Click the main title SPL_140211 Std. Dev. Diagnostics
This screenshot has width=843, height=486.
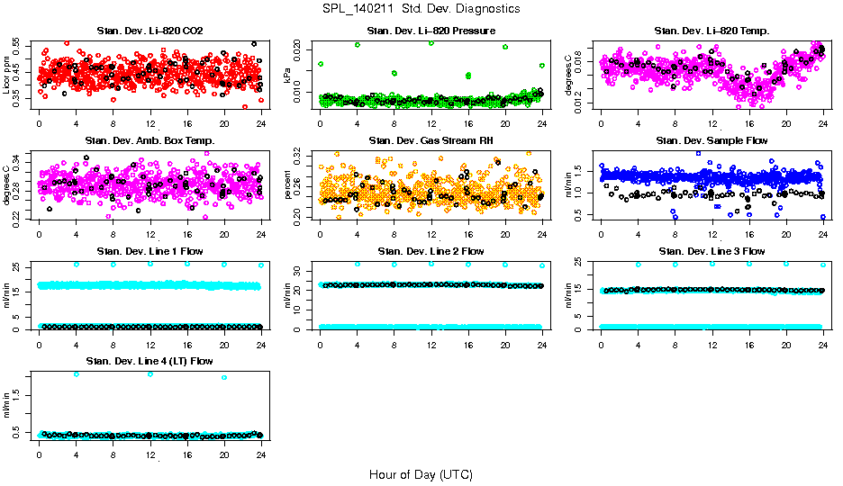[x=421, y=8]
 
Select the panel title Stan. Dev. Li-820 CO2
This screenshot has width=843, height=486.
[x=150, y=31]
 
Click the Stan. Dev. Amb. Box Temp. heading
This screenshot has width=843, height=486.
[x=150, y=140]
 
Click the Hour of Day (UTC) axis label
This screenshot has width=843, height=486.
[x=421, y=474]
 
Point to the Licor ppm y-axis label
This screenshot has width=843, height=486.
[x=7, y=75]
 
